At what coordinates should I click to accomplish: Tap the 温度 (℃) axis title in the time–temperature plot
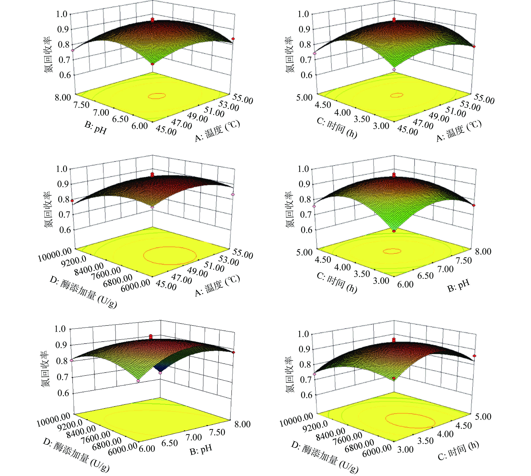(459, 131)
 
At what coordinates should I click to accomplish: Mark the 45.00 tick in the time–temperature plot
(408, 130)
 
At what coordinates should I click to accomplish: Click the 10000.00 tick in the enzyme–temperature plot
(55, 255)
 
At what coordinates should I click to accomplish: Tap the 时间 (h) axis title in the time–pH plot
(337, 284)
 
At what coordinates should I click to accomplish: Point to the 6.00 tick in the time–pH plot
(406, 284)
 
